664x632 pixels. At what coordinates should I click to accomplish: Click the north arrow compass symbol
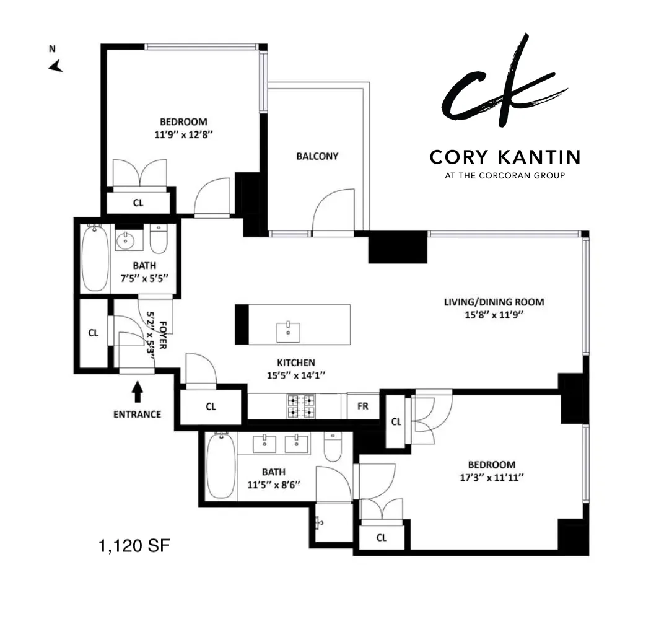[56, 66]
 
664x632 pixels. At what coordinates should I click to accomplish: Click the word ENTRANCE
[137, 414]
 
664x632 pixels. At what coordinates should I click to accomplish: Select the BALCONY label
[317, 156]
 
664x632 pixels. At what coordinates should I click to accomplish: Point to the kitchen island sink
[288, 329]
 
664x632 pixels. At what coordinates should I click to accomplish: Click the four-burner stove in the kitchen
[300, 405]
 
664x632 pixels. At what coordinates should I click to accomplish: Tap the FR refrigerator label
[363, 406]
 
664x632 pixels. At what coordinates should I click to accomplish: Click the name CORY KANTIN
[505, 157]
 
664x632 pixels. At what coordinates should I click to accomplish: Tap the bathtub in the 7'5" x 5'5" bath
[95, 258]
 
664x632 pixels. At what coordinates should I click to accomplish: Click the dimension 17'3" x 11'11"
[491, 478]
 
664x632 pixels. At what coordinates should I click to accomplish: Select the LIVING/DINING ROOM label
[494, 302]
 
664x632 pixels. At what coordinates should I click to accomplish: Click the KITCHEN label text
[295, 362]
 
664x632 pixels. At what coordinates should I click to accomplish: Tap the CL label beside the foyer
[93, 333]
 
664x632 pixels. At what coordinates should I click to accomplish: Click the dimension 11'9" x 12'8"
[183, 134]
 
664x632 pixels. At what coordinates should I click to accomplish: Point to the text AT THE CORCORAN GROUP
[505, 175]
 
